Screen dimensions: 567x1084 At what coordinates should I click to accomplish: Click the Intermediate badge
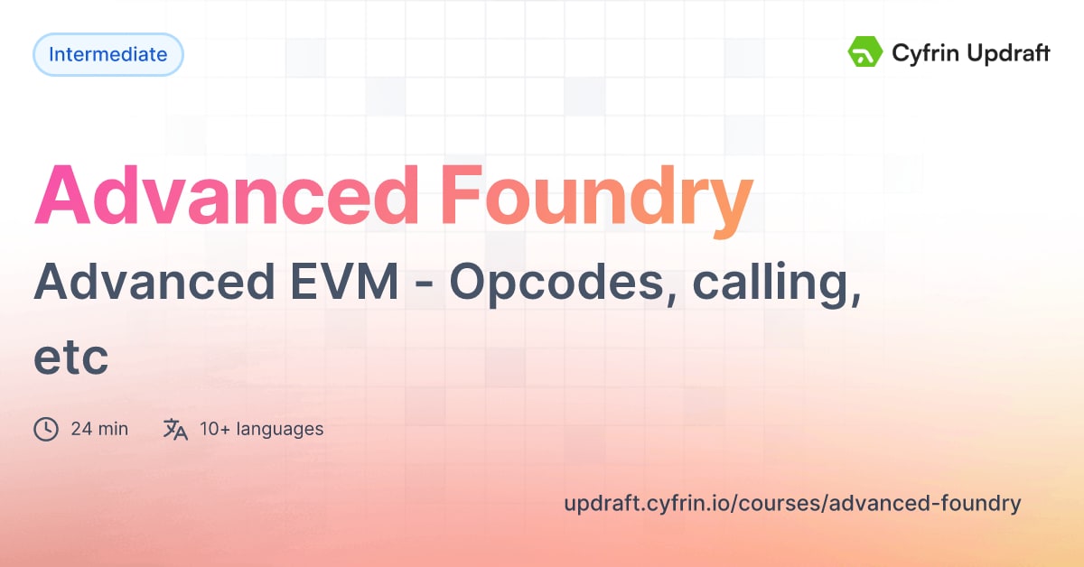107,54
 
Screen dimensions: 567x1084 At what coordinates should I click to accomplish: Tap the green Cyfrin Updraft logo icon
865,52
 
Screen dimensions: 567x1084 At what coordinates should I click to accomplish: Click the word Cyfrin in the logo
920,53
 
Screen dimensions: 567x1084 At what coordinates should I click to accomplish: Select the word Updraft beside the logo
1005,54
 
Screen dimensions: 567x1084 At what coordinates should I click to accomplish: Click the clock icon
46,429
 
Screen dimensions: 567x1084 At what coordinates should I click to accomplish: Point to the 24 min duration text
99,429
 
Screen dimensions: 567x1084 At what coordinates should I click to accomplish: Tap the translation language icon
175,429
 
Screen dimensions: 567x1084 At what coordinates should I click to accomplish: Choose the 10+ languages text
262,429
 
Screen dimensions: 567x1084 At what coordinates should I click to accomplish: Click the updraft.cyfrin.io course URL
792,503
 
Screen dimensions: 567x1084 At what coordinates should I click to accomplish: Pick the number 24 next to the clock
80,429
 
